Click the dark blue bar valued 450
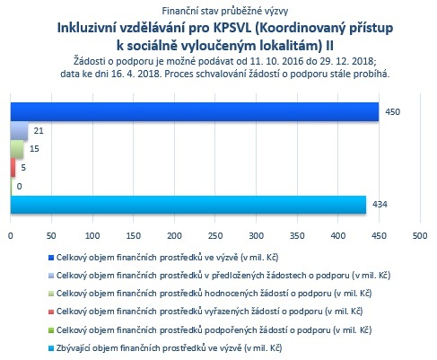(x=195, y=112)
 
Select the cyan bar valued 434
(x=188, y=205)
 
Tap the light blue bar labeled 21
(x=19, y=131)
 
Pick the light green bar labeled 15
(x=17, y=149)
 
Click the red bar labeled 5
(x=13, y=168)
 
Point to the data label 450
(x=392, y=112)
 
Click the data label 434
(x=380, y=205)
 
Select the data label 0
(x=19, y=187)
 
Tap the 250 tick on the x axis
(x=215, y=236)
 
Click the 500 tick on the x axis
(x=420, y=236)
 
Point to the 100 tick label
(x=92, y=236)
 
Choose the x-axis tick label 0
(x=11, y=236)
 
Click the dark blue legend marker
(x=51, y=258)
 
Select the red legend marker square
(x=51, y=312)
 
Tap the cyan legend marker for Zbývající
(x=51, y=348)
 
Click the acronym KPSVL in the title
(x=232, y=28)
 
